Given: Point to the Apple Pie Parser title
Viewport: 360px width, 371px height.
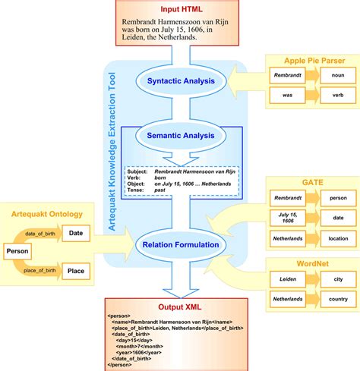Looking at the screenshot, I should coord(313,61).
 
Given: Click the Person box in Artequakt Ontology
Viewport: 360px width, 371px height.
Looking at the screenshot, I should coord(17,251).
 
